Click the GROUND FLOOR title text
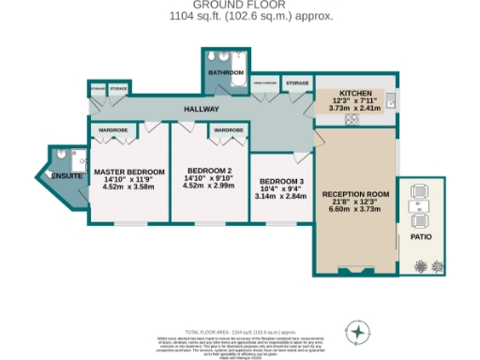pos(239,5)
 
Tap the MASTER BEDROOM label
pos(128,172)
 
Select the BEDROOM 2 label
pos(209,172)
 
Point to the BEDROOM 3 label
pos(281,181)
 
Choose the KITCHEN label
pos(355,94)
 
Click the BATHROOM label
pos(226,71)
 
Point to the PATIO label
pos(421,238)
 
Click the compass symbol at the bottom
pos(358,331)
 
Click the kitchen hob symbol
pos(353,119)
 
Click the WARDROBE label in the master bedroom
pos(113,129)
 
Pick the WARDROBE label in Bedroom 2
pos(229,129)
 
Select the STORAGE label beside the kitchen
pos(296,83)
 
